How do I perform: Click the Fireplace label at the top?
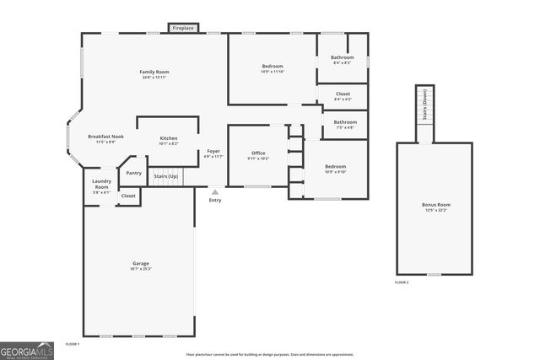point(183,29)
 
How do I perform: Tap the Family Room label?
point(154,73)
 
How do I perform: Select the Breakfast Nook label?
point(105,137)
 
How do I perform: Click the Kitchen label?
point(169,138)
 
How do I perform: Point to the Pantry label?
point(133,173)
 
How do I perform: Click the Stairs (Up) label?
point(165,176)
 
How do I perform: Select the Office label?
point(258,153)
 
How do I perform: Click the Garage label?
point(140,264)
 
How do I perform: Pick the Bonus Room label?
point(436,205)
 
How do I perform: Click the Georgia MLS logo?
point(27,350)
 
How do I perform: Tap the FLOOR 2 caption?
point(402,282)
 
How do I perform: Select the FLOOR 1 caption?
point(73,344)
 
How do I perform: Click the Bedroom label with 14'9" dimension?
point(273,67)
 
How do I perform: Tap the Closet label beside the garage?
point(128,196)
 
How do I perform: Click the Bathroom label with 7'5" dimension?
point(345,122)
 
